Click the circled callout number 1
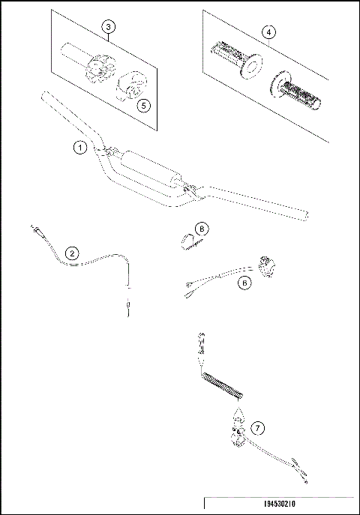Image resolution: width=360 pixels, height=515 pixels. tap(80, 148)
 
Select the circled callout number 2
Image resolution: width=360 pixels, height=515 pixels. tap(71, 253)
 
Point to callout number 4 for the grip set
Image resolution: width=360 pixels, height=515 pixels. tap(268, 31)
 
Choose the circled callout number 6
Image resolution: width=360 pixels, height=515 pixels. tap(244, 283)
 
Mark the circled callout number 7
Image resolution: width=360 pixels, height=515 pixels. tap(257, 428)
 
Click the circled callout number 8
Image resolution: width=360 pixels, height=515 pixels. tap(202, 228)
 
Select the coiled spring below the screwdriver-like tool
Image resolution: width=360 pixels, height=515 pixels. tap(223, 388)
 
